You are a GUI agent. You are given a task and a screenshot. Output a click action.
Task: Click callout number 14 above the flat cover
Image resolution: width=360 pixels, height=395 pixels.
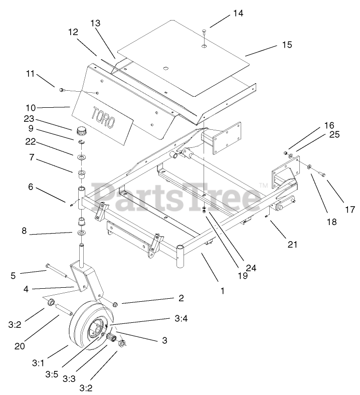237,14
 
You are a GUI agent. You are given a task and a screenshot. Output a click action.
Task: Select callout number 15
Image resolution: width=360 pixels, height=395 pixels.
286,45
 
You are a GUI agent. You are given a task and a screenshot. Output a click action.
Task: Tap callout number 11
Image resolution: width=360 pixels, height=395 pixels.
31,74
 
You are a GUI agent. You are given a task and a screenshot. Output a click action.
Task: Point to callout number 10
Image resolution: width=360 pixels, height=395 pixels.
31,107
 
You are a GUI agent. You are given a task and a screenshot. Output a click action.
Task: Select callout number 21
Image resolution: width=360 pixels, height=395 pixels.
292,245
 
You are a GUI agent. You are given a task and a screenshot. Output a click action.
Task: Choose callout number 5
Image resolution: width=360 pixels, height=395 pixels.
13,275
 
